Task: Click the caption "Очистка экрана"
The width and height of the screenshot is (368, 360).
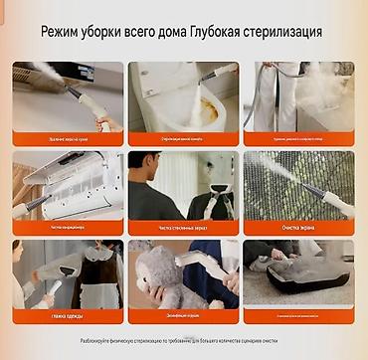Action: coord(297,227)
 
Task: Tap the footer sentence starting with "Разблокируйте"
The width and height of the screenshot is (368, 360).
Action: coord(184,341)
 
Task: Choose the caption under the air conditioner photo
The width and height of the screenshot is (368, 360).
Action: coord(68,227)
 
